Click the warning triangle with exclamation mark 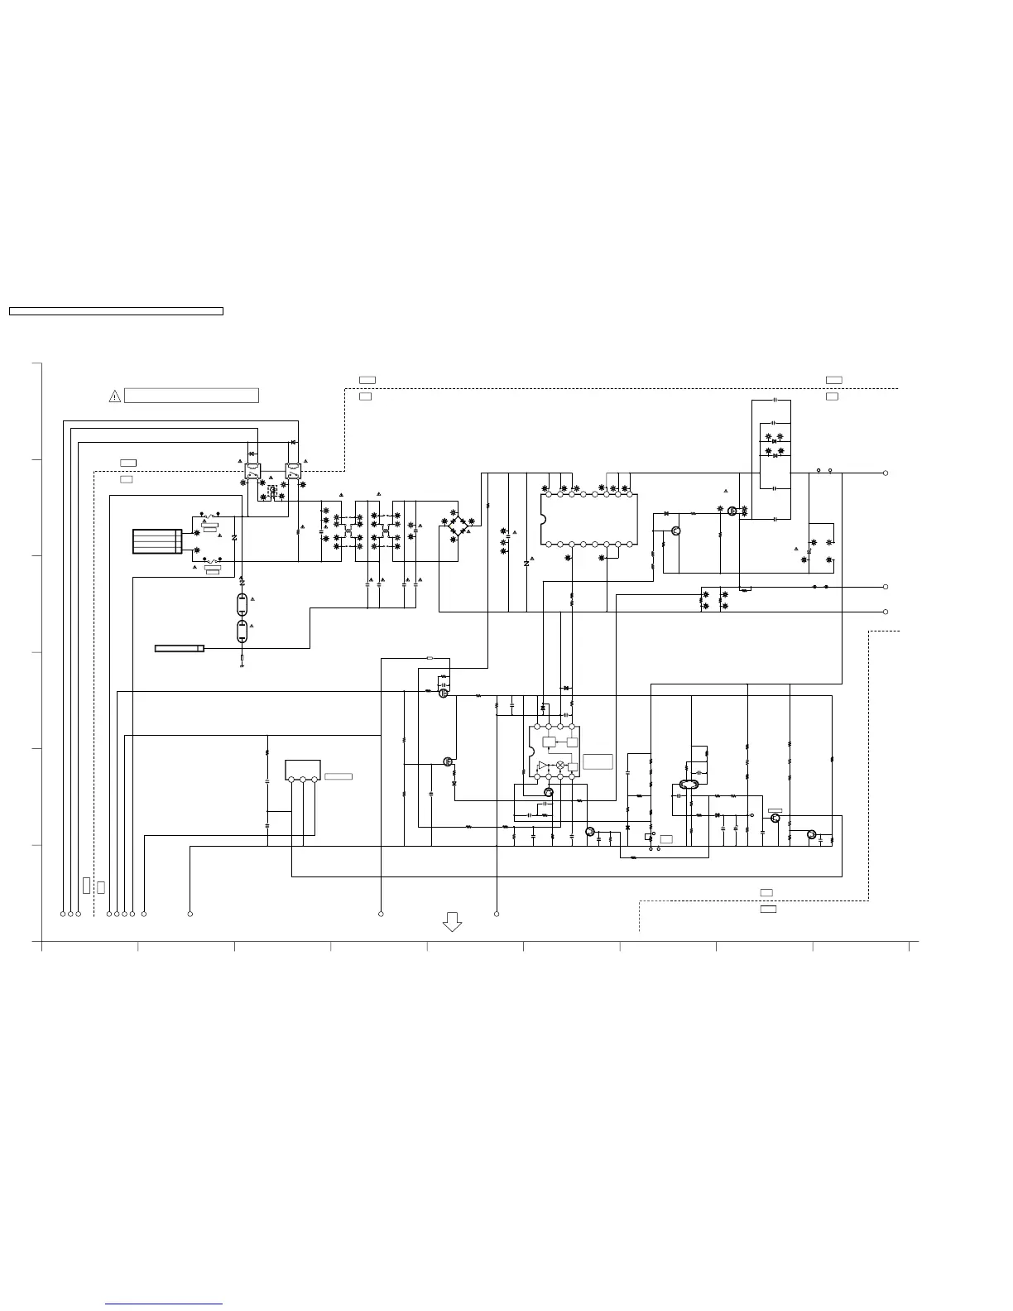(x=115, y=396)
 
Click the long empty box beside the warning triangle (x=191, y=396)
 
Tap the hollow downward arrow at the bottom (x=452, y=921)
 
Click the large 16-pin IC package (x=589, y=519)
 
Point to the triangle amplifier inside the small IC (x=543, y=766)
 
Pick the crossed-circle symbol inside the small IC (x=560, y=765)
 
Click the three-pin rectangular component (x=303, y=770)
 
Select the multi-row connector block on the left (x=157, y=541)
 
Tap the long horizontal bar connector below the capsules (x=180, y=648)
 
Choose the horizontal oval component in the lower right (x=689, y=785)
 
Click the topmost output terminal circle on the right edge (x=886, y=473)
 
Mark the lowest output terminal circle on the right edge (x=886, y=612)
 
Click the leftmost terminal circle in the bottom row (x=63, y=914)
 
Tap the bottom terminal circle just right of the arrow (x=497, y=914)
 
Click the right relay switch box (x=293, y=472)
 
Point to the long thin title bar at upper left (x=116, y=311)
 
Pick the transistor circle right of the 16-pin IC (x=676, y=531)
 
